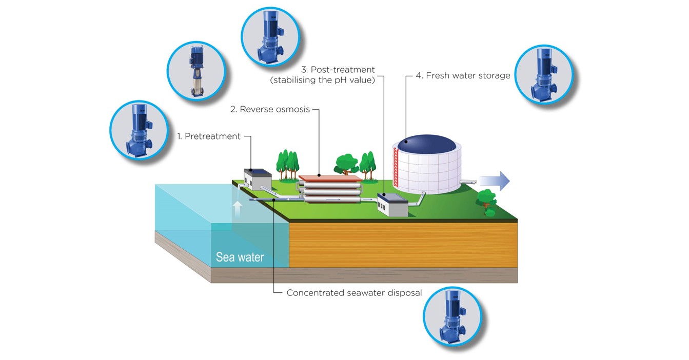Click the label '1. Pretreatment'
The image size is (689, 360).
tap(209, 136)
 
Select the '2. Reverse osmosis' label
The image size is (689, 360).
tap(270, 109)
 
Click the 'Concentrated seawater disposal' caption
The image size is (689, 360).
tap(354, 293)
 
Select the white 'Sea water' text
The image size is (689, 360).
tap(240, 257)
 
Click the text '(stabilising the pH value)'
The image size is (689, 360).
tap(322, 80)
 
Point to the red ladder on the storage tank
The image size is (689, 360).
tap(395, 166)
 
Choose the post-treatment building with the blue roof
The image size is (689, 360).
tap(392, 204)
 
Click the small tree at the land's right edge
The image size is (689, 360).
tap(486, 200)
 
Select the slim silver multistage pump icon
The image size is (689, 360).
tap(196, 70)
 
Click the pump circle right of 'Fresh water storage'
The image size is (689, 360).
tap(543, 75)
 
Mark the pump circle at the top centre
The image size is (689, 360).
tap(270, 36)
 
